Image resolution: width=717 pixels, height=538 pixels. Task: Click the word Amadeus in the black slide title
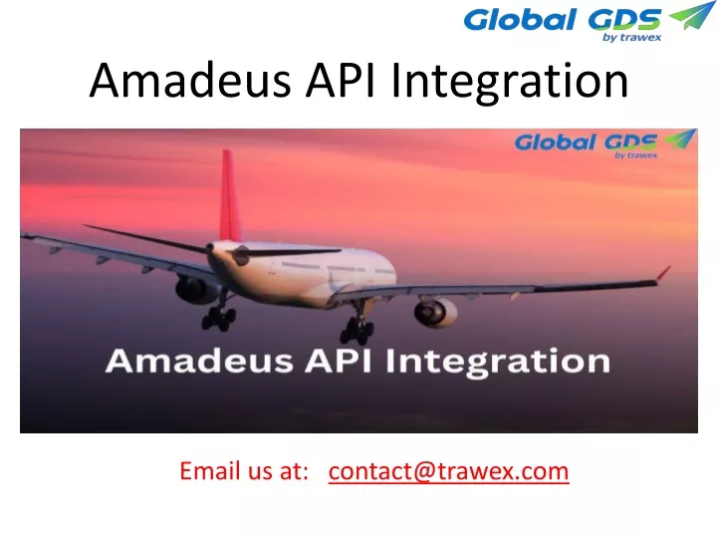point(190,81)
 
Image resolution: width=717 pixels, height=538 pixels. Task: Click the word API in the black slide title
point(341,81)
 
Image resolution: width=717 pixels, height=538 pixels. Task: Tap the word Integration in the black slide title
point(510,83)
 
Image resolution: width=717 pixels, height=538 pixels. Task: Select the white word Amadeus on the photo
point(199,361)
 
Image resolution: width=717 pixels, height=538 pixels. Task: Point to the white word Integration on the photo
point(498,363)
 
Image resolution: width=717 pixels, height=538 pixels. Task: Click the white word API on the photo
point(339,361)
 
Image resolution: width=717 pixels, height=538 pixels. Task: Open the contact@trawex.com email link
point(448,471)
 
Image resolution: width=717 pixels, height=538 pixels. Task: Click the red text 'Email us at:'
point(244,471)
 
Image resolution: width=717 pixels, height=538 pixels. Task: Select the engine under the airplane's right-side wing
point(435,313)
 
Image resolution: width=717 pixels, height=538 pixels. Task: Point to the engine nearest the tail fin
point(196,290)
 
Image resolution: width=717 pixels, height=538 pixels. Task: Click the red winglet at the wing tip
point(663,273)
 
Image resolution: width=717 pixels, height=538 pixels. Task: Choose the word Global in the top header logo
point(520,21)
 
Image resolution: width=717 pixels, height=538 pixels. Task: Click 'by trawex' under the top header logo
point(632,37)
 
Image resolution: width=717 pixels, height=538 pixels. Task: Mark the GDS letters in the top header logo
point(624,21)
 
